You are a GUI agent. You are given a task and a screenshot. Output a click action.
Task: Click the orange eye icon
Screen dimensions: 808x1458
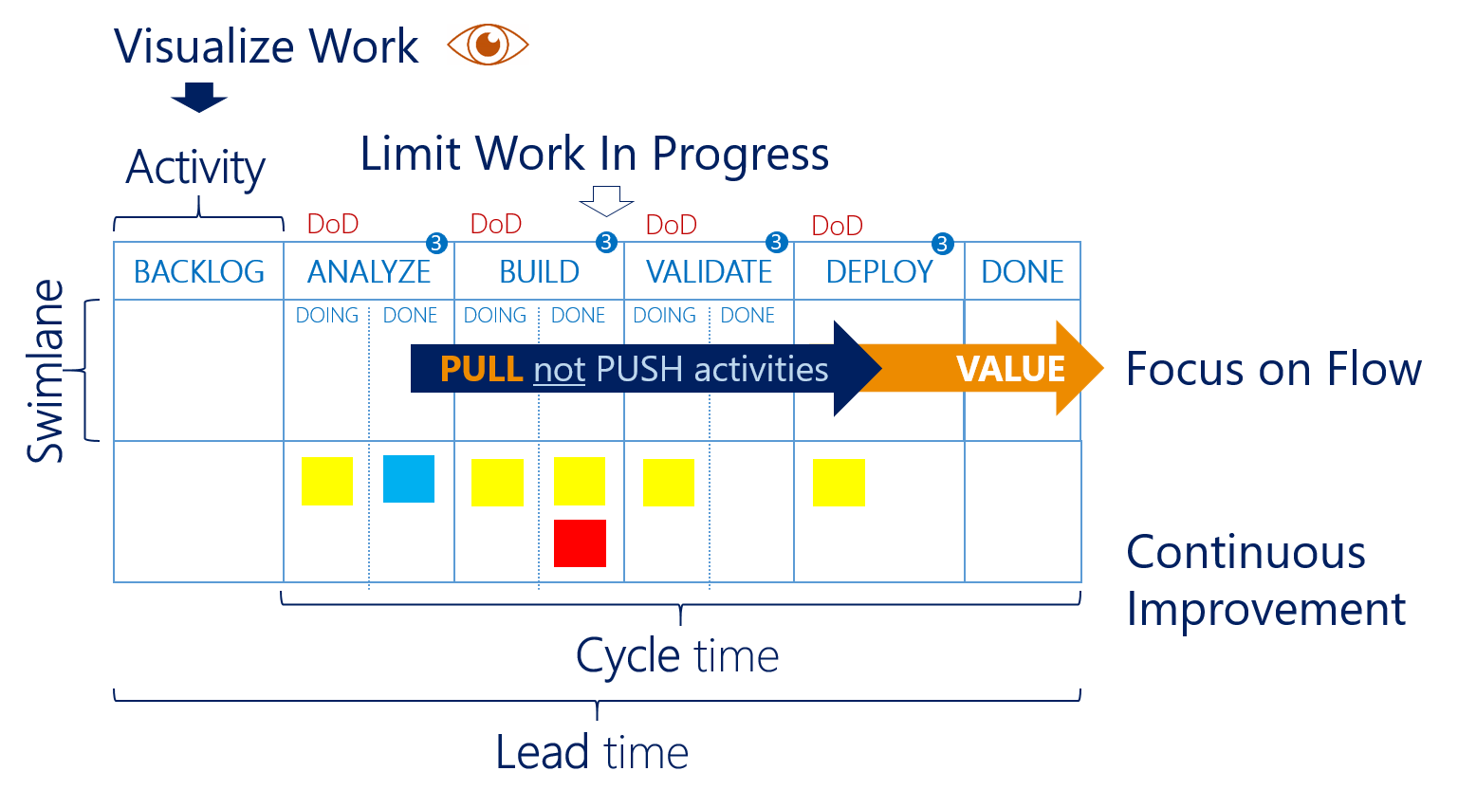(488, 45)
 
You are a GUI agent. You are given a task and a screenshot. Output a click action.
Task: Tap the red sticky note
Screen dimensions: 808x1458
(580, 542)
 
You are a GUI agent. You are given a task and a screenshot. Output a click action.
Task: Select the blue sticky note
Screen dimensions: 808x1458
(409, 479)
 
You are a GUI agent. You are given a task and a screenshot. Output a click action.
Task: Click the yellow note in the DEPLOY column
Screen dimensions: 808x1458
(839, 483)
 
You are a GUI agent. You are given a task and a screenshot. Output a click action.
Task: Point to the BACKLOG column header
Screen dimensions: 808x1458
(199, 272)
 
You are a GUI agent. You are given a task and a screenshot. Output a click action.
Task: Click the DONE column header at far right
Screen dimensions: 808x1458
(1023, 272)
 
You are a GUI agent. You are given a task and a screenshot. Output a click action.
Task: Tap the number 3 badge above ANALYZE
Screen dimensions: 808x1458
(436, 243)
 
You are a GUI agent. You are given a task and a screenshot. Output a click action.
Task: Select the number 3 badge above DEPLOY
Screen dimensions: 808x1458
(942, 244)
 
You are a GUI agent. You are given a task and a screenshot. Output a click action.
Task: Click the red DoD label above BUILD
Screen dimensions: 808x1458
(496, 224)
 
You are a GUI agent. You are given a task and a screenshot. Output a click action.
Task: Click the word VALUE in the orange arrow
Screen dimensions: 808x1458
(1011, 369)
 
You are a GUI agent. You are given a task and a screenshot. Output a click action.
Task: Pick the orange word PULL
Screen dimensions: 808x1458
(481, 369)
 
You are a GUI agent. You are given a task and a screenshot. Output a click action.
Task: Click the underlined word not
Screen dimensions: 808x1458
(559, 370)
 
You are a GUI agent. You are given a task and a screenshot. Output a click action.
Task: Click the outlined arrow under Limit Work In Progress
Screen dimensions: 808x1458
(606, 201)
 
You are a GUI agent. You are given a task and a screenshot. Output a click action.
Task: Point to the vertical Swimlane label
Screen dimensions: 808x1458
(46, 371)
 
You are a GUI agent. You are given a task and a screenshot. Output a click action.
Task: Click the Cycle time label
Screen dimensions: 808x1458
(677, 656)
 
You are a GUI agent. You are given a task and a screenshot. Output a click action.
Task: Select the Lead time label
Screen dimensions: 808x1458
(592, 753)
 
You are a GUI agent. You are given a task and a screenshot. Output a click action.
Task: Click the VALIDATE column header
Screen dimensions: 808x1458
(710, 272)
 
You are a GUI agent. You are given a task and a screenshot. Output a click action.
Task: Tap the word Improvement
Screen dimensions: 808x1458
(1265, 609)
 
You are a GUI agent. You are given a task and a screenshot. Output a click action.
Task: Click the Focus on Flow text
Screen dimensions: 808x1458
(1273, 369)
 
